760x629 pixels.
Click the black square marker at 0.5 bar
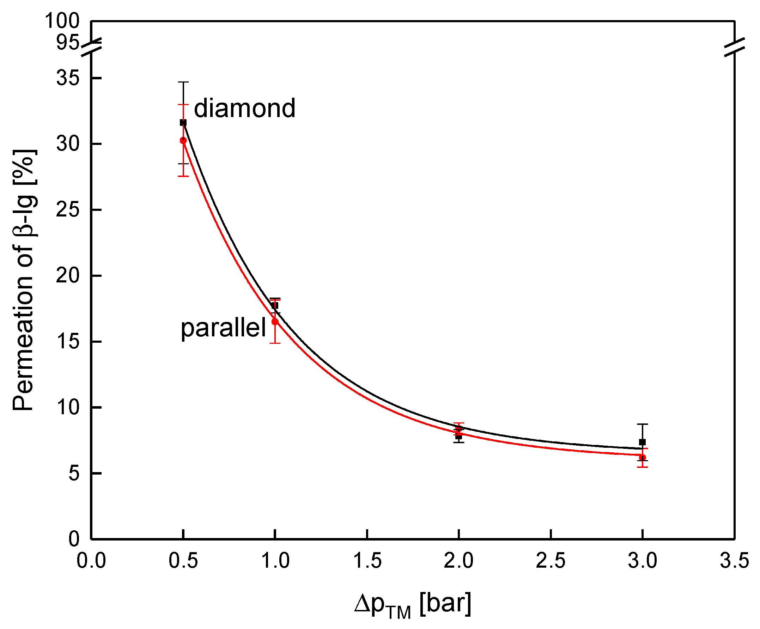pyautogui.click(x=183, y=123)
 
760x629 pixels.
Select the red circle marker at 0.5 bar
pyautogui.click(x=183, y=140)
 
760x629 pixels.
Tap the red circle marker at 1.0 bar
pyautogui.click(x=275, y=322)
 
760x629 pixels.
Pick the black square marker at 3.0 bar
pyautogui.click(x=642, y=442)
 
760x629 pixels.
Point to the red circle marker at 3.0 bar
pyautogui.click(x=642, y=458)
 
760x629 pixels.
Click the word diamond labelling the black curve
pyautogui.click(x=245, y=108)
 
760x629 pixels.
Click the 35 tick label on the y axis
pyautogui.click(x=68, y=78)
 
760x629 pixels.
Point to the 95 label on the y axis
pyautogui.click(x=67, y=43)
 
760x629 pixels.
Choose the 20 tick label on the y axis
pyautogui.click(x=68, y=276)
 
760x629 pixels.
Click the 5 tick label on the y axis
pyautogui.click(x=74, y=474)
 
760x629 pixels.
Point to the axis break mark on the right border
pyautogui.click(x=735, y=47)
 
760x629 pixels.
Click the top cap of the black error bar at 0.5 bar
pyautogui.click(x=183, y=82)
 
